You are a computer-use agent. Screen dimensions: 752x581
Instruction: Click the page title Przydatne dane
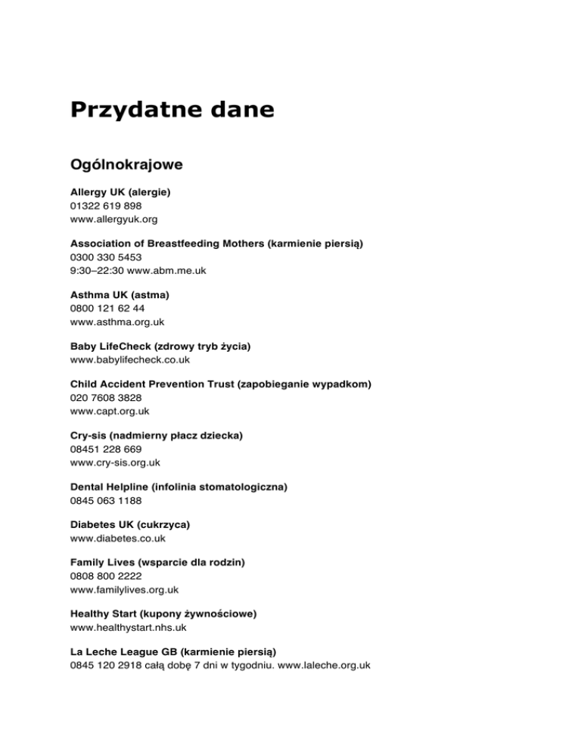[172, 110]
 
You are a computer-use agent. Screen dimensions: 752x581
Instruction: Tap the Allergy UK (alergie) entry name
[120, 192]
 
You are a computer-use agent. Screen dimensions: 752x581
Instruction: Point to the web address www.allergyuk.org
[114, 219]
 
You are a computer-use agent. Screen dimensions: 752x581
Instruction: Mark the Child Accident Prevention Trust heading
[220, 384]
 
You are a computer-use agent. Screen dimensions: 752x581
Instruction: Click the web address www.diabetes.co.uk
[118, 539]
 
